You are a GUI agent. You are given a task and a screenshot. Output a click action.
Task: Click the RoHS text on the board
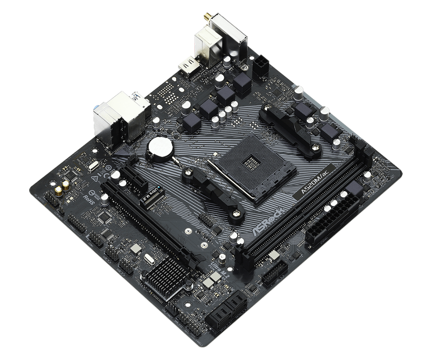pos(89,199)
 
